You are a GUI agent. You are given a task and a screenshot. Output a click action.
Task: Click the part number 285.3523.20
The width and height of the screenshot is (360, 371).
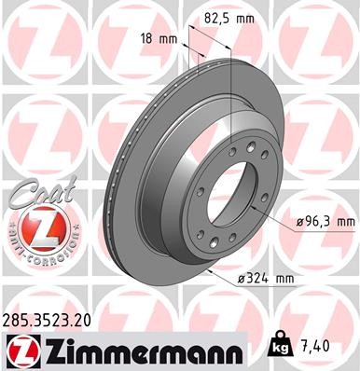[x=50, y=320]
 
